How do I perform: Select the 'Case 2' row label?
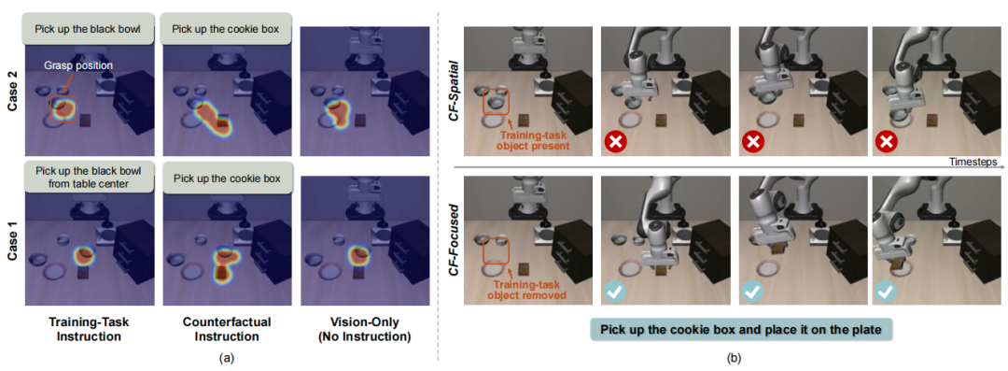[x=10, y=93]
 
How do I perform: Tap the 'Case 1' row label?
[x=10, y=240]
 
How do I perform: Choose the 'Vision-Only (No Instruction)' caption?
[x=366, y=328]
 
